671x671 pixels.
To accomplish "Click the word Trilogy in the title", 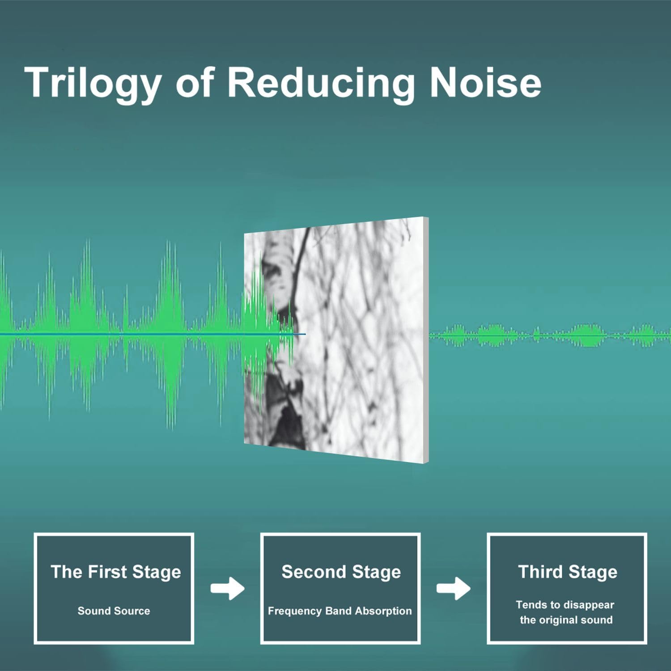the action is (x=93, y=84).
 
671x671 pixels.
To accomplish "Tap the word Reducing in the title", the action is (x=321, y=84).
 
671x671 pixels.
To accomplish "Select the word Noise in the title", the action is (x=485, y=82).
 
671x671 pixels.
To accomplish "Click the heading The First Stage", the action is (x=116, y=572).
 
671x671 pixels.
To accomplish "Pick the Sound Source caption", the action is (x=114, y=611).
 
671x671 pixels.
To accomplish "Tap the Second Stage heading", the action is (x=341, y=572).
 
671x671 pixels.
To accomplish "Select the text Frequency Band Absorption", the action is (x=340, y=612).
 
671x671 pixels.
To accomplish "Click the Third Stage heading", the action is (x=568, y=572).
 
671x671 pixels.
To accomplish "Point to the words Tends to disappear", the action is (x=565, y=605).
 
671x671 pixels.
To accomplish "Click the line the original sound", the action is (x=566, y=620).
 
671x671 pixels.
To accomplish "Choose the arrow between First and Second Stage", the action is (x=228, y=589).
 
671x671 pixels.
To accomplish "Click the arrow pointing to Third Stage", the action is (x=454, y=589).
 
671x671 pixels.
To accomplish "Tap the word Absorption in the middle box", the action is (x=384, y=612).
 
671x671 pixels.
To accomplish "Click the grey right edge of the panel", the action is (x=427, y=340).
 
